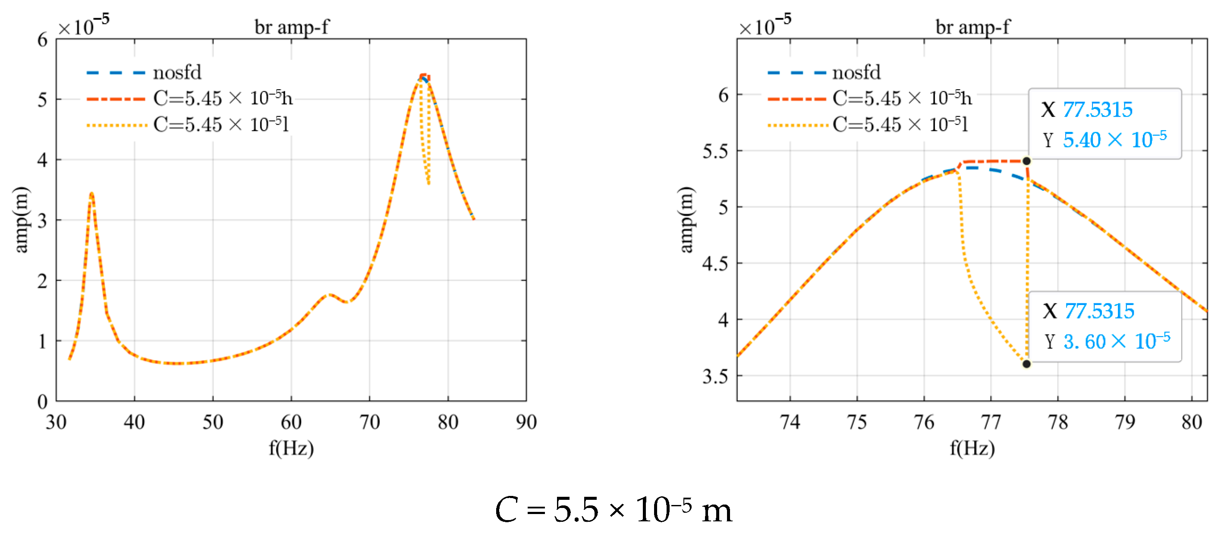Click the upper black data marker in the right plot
[x=1026, y=161]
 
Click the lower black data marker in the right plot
[x=1026, y=364]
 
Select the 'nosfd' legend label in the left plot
[x=177, y=72]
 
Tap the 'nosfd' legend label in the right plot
[x=856, y=72]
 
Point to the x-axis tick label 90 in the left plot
[x=526, y=422]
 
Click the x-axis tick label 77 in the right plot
[x=991, y=422]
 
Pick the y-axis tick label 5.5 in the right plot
[x=715, y=152]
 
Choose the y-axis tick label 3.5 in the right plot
[x=715, y=377]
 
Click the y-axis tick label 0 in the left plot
[x=43, y=402]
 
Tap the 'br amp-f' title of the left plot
[x=292, y=27]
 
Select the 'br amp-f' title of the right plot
[x=972, y=27]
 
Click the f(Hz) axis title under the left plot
[x=291, y=448]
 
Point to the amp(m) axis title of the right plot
[x=686, y=220]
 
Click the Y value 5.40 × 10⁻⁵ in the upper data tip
[x=1114, y=140]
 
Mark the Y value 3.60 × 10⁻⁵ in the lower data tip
[x=1117, y=341]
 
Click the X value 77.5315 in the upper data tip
[x=1097, y=110]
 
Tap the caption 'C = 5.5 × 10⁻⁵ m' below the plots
[x=614, y=510]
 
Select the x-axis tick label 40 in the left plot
[x=134, y=422]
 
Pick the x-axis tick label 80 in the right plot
[x=1191, y=422]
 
